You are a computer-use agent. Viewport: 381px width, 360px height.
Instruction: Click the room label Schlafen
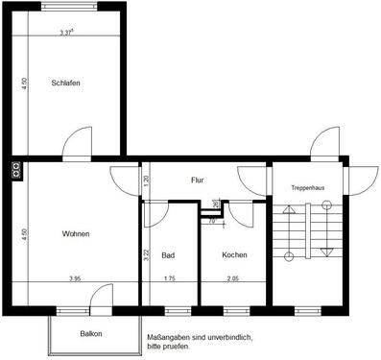[x=65, y=84]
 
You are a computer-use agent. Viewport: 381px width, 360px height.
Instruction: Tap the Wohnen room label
[x=76, y=234]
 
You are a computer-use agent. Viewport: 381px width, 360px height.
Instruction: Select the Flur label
[x=197, y=180]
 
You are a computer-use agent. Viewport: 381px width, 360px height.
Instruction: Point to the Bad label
[x=168, y=255]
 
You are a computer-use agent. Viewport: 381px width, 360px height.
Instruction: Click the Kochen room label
[x=234, y=255]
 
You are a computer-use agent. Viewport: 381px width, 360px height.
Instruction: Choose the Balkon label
[x=91, y=334]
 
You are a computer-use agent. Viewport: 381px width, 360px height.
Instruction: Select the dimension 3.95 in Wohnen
[x=75, y=279]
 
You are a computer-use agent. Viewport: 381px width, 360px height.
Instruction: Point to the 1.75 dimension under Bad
[x=169, y=279]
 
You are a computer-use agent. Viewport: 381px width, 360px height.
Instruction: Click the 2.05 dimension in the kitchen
[x=233, y=279]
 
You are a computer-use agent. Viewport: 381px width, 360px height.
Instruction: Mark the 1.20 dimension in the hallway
[x=146, y=180]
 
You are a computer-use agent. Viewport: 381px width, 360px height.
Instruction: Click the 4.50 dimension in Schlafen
[x=24, y=84]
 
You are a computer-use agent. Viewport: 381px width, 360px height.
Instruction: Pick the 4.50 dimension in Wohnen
[x=24, y=233]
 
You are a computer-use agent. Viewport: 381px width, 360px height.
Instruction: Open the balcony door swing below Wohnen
[x=99, y=301]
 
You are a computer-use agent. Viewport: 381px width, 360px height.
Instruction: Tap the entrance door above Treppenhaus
[x=321, y=146]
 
